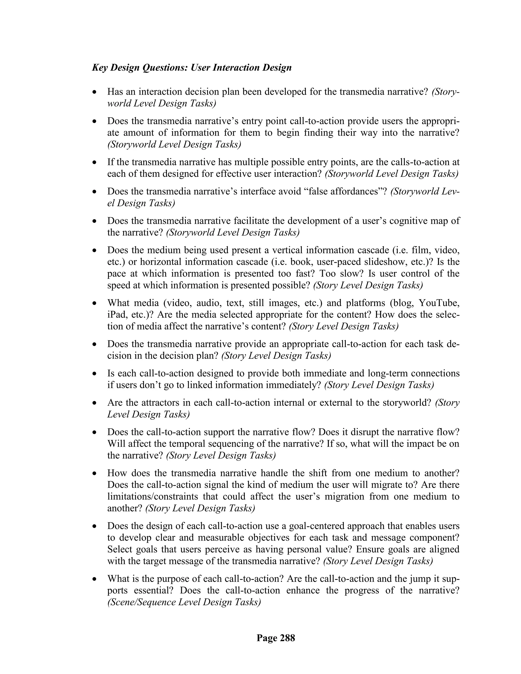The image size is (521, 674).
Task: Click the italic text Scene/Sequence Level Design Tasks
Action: (x=184, y=602)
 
